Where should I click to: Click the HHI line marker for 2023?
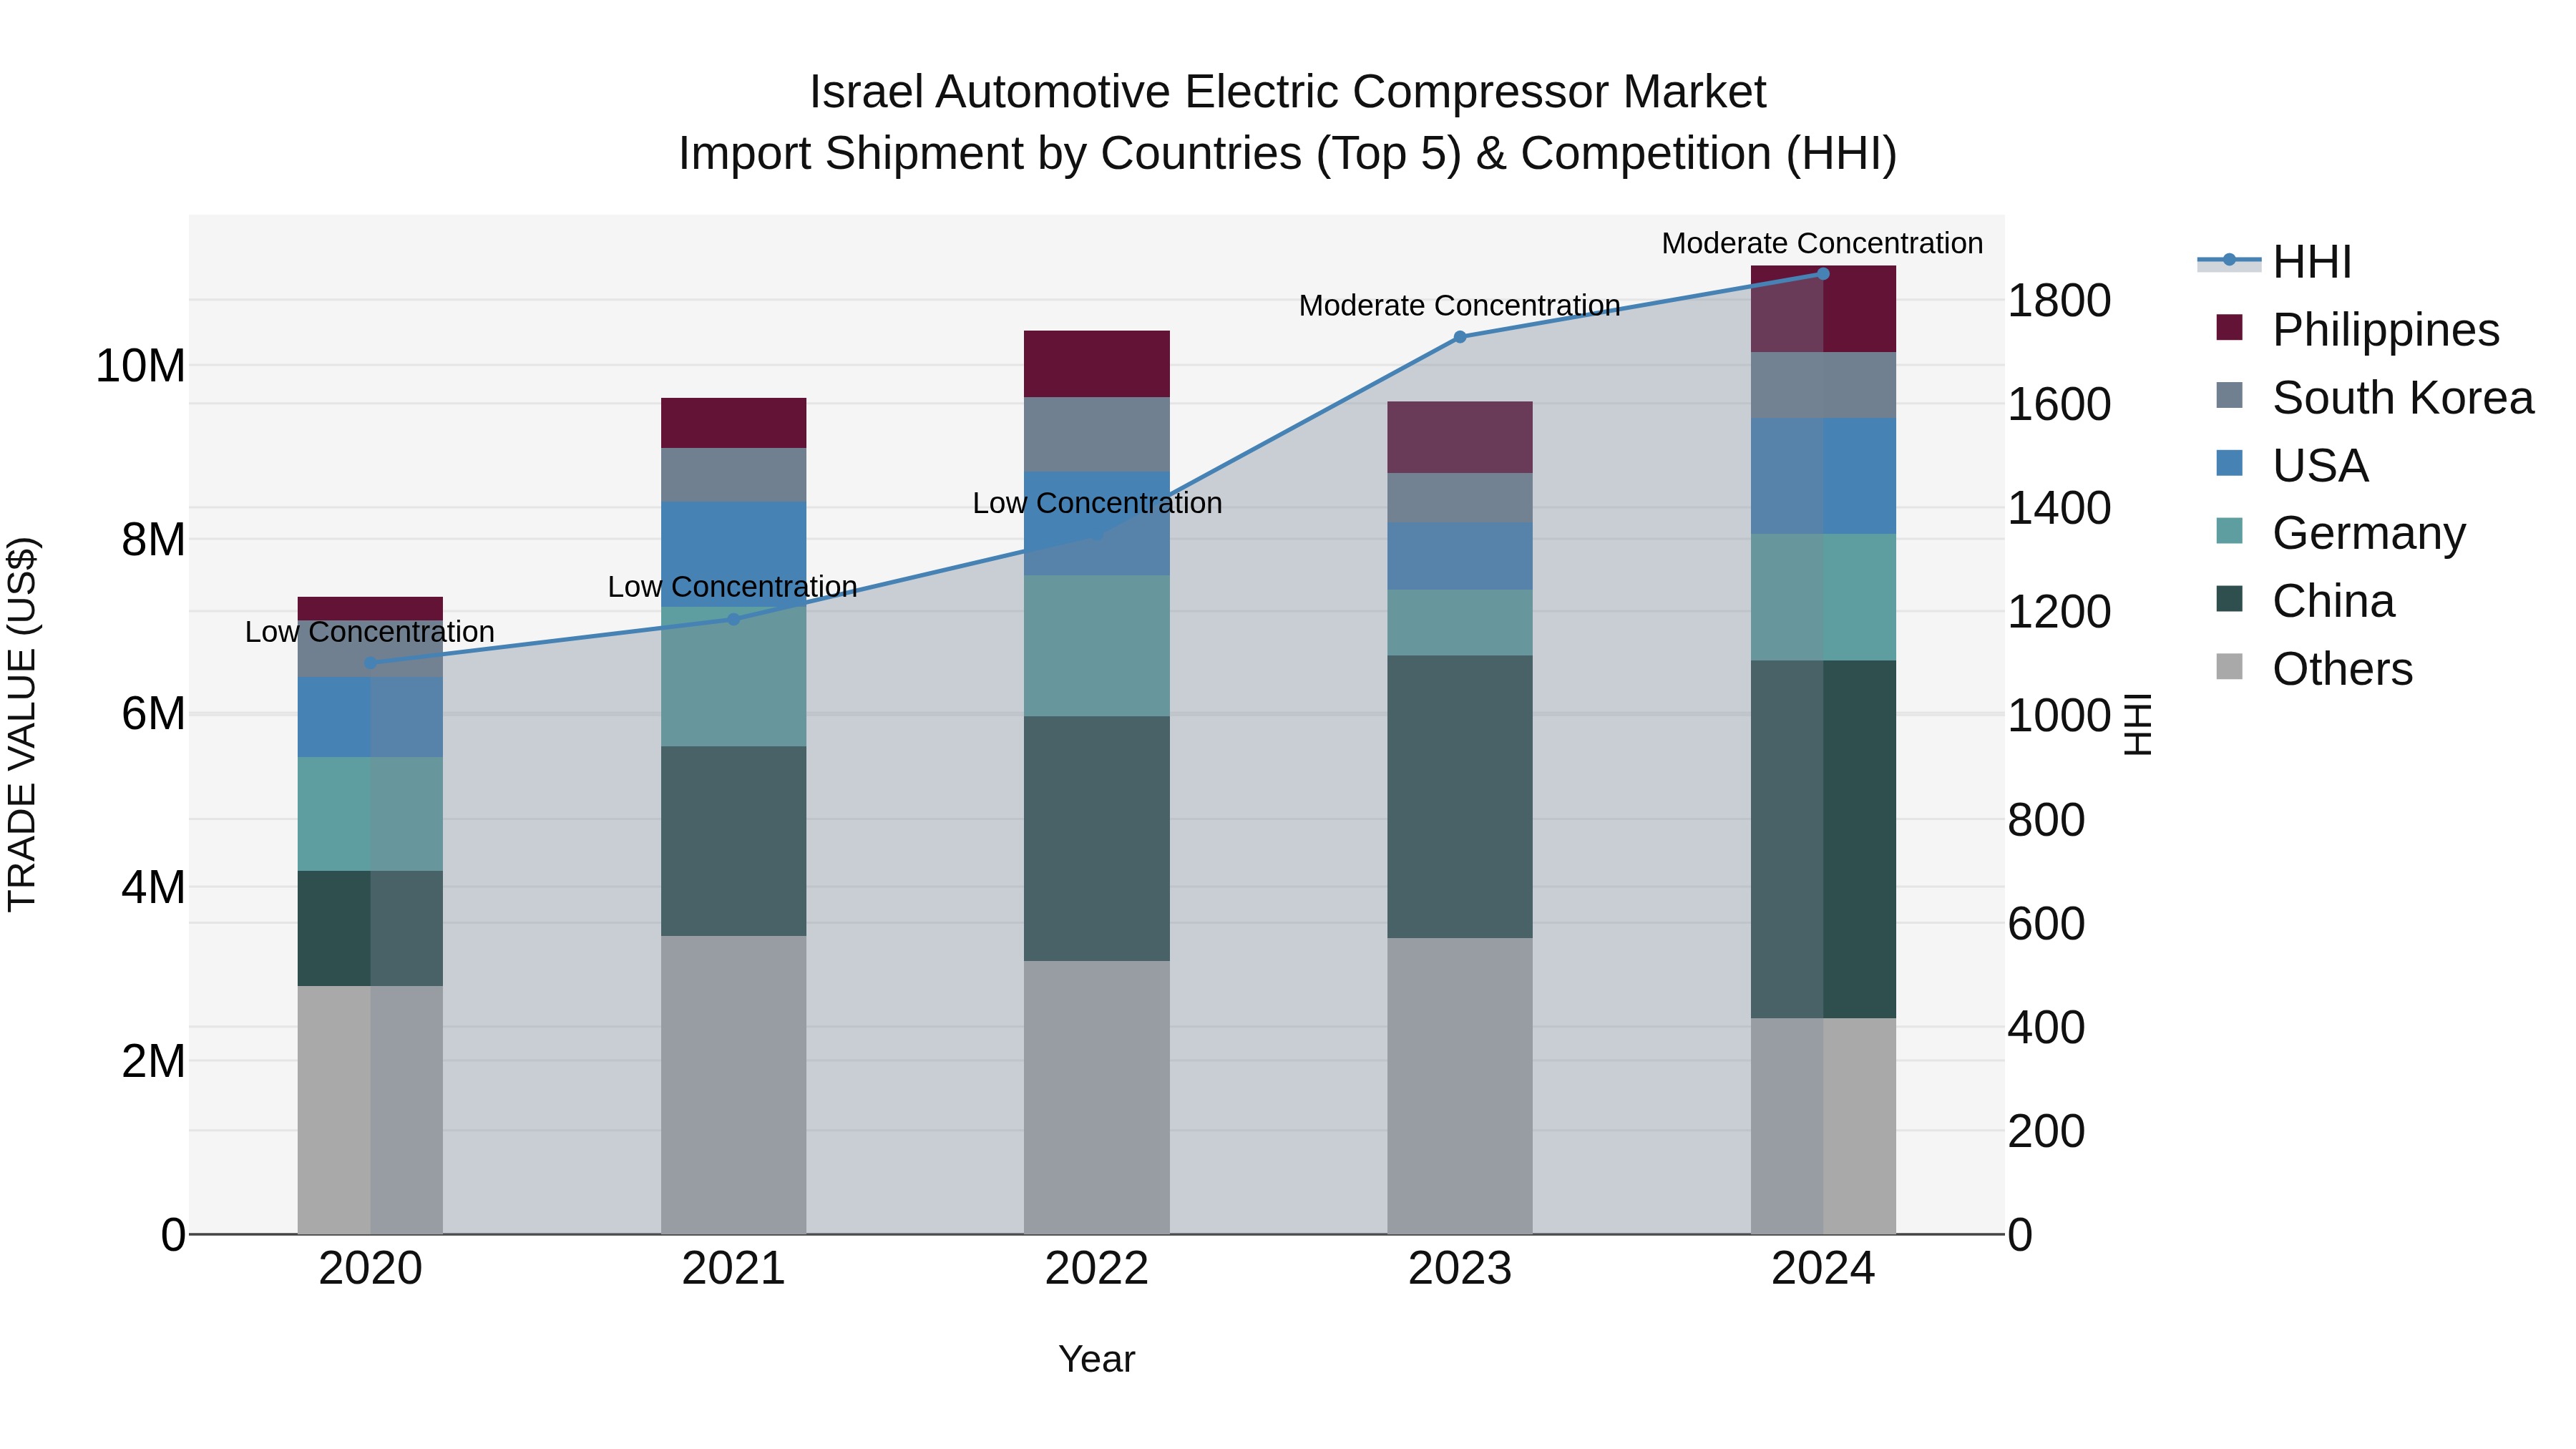(1459, 337)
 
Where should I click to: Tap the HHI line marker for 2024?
(1822, 274)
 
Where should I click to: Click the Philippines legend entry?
(2385, 330)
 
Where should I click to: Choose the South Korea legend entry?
(2402, 398)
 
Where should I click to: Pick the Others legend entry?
(2341, 669)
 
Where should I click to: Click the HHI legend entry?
(2311, 262)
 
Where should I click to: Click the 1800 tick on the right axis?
(2058, 301)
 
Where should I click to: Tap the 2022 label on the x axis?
(1096, 1269)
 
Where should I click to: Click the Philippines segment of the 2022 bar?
(1096, 364)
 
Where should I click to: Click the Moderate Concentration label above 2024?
(1821, 243)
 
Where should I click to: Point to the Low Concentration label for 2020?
(369, 632)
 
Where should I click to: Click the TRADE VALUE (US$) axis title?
(22, 724)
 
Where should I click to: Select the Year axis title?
(1096, 1359)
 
